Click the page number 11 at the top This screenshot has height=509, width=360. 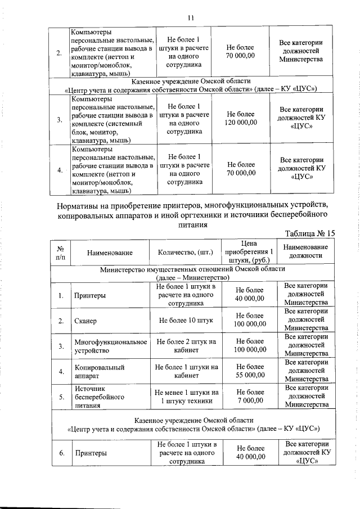point(190,17)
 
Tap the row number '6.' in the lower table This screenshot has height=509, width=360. point(60,453)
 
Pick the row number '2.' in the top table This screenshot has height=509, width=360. point(60,53)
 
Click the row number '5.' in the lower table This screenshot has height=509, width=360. point(60,397)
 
